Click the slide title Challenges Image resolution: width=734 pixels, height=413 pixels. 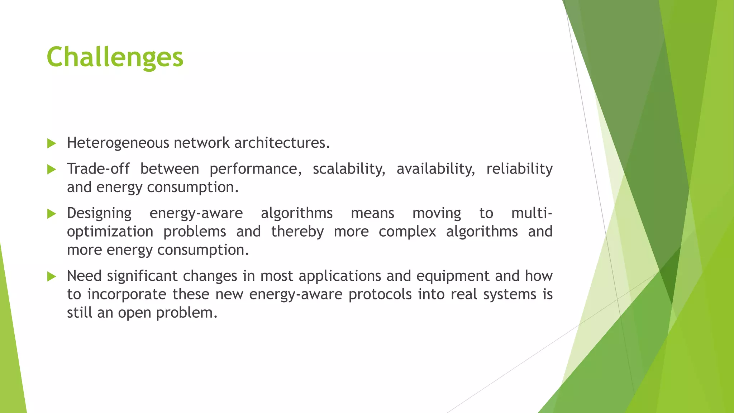point(115,57)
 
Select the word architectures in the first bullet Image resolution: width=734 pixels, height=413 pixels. point(282,143)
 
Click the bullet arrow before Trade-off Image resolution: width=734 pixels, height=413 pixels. point(52,170)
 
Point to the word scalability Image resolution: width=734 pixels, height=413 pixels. point(349,169)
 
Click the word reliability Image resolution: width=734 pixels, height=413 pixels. point(519,169)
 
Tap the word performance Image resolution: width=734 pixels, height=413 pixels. point(256,169)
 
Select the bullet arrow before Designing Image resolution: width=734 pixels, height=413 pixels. point(52,214)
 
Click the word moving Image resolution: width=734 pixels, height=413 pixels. point(437,213)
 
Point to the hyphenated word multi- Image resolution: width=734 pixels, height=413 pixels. point(532,213)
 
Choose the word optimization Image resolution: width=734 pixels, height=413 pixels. point(110,232)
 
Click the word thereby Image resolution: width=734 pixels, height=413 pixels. point(297,232)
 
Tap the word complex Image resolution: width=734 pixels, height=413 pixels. point(407,232)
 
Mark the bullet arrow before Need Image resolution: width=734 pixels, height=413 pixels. point(52,276)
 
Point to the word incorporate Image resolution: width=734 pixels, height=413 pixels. point(127,294)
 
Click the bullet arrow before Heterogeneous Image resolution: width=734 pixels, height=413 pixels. point(52,144)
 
